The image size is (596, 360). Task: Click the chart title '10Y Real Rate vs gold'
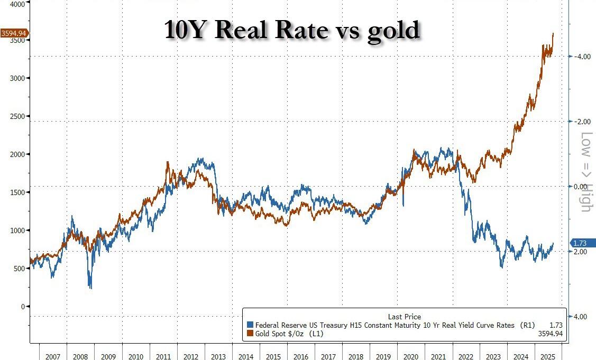click(292, 30)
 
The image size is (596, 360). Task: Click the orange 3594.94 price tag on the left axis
click(14, 33)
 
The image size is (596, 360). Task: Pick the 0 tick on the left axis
click(23, 307)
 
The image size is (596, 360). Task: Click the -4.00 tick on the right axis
click(583, 57)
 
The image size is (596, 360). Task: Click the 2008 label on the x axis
click(80, 357)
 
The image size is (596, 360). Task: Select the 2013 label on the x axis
click(218, 357)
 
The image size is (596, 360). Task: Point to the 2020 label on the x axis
click(411, 357)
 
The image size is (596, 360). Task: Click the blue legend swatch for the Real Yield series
click(250, 325)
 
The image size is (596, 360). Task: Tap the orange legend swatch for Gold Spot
click(250, 334)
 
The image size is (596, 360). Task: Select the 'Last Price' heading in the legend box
click(404, 317)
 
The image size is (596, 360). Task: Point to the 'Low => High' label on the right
click(585, 172)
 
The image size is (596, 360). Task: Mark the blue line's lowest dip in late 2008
click(90, 288)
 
